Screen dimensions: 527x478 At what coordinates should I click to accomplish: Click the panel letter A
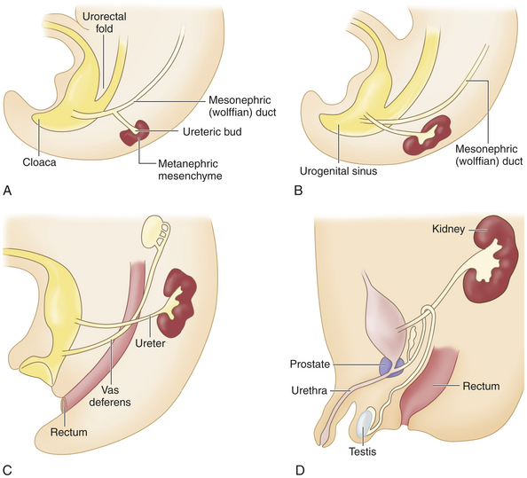7,191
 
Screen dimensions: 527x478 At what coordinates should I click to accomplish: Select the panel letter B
298,191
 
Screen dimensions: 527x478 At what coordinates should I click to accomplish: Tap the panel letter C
7,470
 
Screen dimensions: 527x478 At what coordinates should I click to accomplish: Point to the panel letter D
300,470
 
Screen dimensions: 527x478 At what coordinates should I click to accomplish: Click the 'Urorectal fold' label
104,22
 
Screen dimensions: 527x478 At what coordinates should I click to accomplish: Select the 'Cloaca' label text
39,162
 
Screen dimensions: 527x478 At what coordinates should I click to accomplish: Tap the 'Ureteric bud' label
212,131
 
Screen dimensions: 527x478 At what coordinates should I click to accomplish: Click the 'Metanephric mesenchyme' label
190,170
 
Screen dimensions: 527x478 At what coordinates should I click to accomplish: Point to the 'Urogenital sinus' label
338,171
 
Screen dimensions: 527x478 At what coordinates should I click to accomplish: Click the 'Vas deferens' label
110,396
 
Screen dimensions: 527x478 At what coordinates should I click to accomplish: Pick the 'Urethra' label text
310,391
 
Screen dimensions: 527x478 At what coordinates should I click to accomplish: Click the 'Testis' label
362,451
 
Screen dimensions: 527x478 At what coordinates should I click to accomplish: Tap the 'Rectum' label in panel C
69,432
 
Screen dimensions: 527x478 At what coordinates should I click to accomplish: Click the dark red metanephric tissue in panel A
135,133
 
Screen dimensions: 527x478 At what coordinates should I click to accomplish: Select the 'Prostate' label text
310,364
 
